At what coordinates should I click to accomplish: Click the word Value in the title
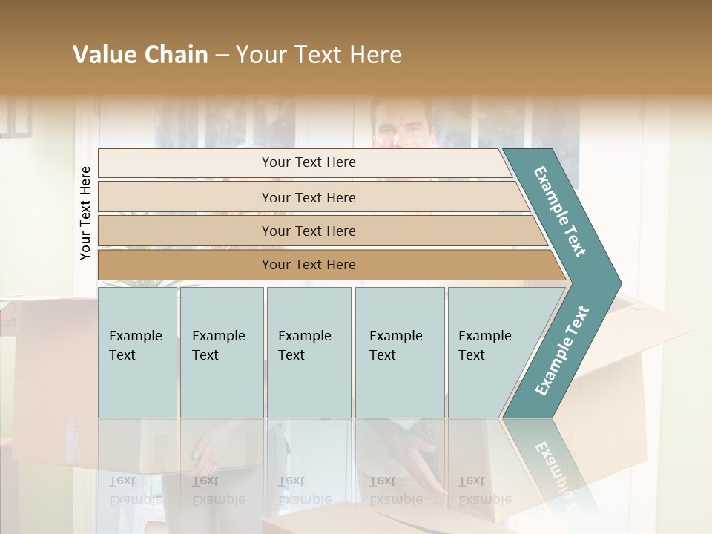(x=105, y=55)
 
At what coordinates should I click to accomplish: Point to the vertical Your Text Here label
(x=85, y=213)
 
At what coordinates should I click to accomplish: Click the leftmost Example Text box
(x=137, y=352)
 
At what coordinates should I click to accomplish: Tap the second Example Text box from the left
(x=221, y=352)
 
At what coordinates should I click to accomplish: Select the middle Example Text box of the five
(x=309, y=352)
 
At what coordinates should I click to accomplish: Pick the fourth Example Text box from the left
(x=400, y=352)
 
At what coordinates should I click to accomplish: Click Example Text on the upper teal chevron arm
(x=561, y=211)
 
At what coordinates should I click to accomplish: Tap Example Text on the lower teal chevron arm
(x=562, y=350)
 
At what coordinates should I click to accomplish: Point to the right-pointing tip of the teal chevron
(x=617, y=283)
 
